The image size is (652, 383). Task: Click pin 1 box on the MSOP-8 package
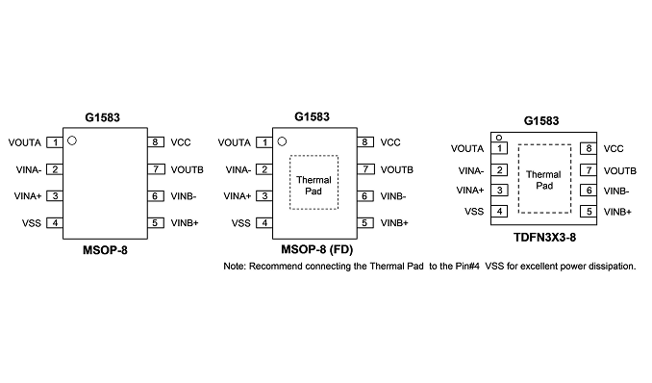[55, 142]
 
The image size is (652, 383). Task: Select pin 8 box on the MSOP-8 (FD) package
[364, 142]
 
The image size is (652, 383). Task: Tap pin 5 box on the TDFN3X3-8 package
[589, 211]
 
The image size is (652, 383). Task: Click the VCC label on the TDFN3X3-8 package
[614, 148]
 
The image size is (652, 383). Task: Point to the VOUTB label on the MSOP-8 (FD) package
[397, 170]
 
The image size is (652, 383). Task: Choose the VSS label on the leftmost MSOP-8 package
[32, 223]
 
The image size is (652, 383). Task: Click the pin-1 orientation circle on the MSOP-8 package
[72, 140]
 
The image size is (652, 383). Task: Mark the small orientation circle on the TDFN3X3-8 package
[499, 138]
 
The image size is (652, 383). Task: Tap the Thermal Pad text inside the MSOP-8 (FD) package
[313, 186]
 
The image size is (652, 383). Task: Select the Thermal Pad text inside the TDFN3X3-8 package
[544, 180]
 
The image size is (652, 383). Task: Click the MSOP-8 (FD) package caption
[316, 249]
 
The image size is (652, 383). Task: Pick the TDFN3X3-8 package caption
[544, 238]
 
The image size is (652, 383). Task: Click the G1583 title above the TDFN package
[541, 120]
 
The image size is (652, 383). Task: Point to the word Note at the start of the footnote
[234, 266]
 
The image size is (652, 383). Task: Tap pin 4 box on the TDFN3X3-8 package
[499, 211]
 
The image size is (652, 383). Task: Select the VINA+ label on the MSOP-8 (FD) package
[237, 196]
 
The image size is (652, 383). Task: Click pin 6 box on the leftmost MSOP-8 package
[155, 196]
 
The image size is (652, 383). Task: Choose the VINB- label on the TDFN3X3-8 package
[616, 191]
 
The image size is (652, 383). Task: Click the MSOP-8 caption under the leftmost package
[105, 250]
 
